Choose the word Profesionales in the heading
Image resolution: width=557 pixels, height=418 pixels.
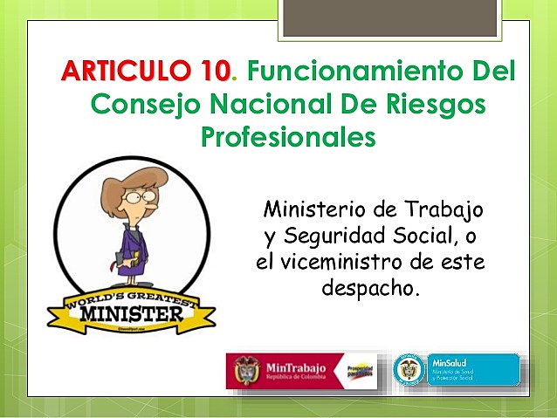click(288, 137)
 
